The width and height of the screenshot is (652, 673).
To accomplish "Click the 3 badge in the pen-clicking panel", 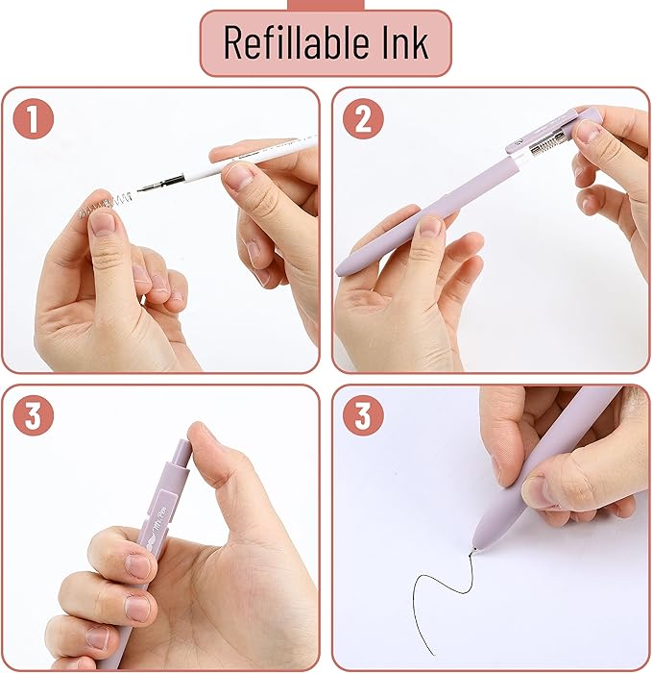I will coord(34,416).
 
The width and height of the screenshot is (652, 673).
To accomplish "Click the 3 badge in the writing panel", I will coord(363,416).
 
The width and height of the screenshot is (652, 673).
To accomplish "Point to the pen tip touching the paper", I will coord(474,550).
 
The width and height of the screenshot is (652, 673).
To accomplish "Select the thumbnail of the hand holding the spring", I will coord(103,223).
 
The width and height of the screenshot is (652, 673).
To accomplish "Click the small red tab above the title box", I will coord(326,5).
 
